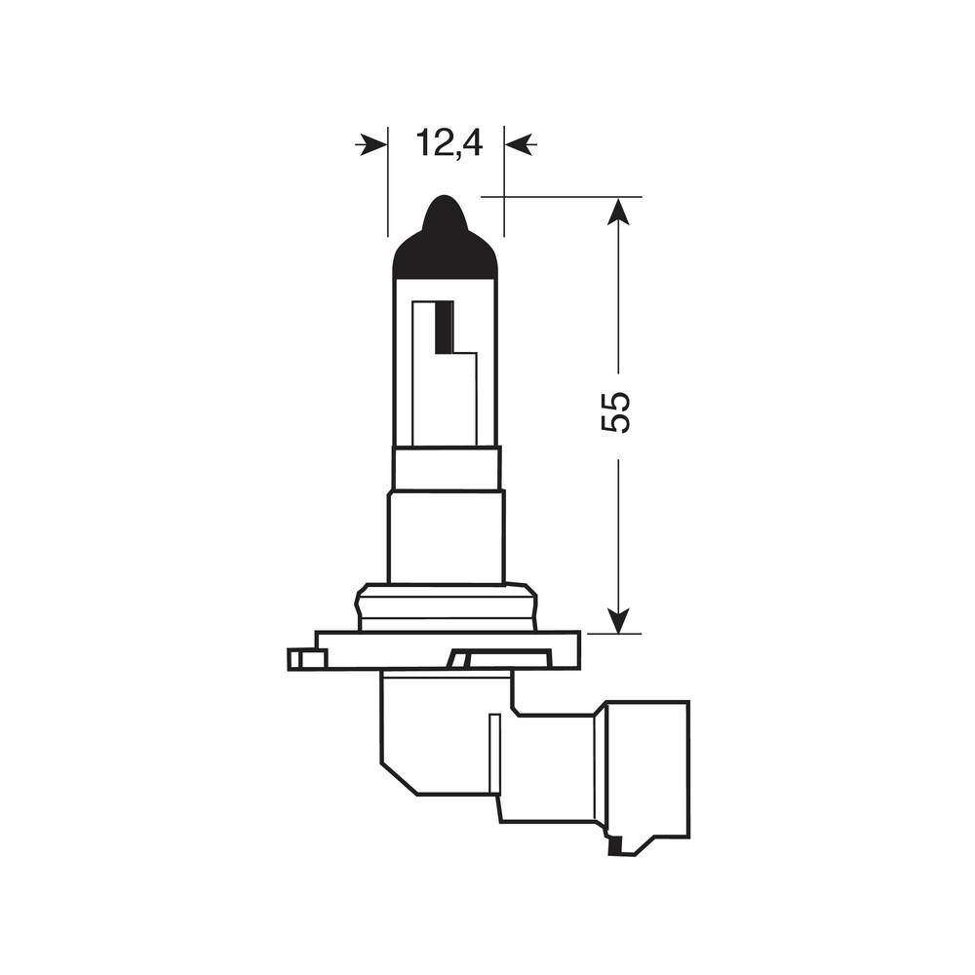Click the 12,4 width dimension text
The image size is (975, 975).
point(449,143)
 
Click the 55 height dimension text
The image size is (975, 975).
point(616,412)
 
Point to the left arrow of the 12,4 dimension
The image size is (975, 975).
point(371,145)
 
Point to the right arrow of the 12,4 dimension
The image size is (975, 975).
point(521,145)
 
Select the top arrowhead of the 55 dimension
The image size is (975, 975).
point(618,212)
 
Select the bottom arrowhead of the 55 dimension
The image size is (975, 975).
point(618,619)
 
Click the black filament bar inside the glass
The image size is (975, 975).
point(444,328)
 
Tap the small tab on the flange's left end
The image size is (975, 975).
point(306,660)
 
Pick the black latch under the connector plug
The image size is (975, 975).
point(617,847)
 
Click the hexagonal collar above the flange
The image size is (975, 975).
point(447,606)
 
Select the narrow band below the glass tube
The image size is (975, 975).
point(447,468)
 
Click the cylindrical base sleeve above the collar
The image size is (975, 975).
point(447,536)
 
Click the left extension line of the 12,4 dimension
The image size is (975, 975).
point(388,195)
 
